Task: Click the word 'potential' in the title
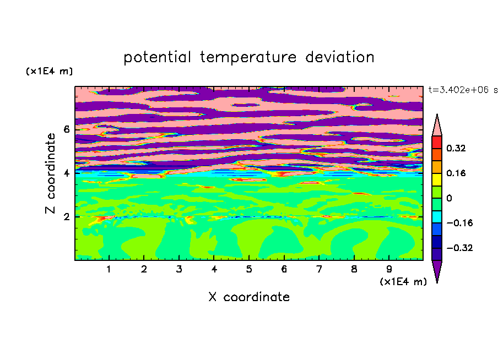coord(157,58)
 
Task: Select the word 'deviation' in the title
coord(339,57)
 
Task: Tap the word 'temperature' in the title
coord(248,58)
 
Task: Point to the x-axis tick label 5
coord(249,269)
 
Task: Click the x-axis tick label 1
coord(109,269)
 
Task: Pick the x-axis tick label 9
coord(389,269)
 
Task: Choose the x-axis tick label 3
coord(179,269)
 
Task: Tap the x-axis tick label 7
coord(319,269)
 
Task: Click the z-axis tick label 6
coord(66,129)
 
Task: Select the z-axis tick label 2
coord(66,217)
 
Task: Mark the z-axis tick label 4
coord(66,173)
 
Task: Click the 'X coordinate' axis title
coord(249,297)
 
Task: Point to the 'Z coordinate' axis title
coord(50,173)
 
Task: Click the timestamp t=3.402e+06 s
coord(463,90)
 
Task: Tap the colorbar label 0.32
coord(456,148)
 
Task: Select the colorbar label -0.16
coord(459,223)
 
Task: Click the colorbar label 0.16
coord(456,173)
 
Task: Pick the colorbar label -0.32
coord(459,248)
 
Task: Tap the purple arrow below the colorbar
coord(437,270)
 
